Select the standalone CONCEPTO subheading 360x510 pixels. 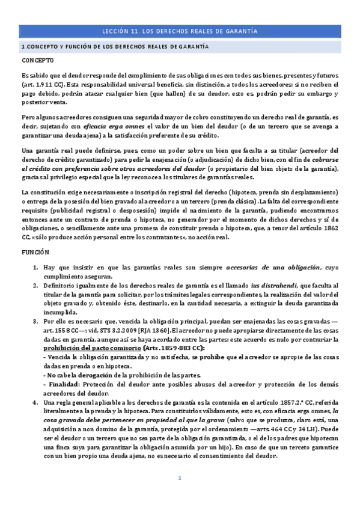pos(37,60)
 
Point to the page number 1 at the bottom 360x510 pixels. pos(179,478)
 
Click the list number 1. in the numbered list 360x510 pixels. pos(36,267)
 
